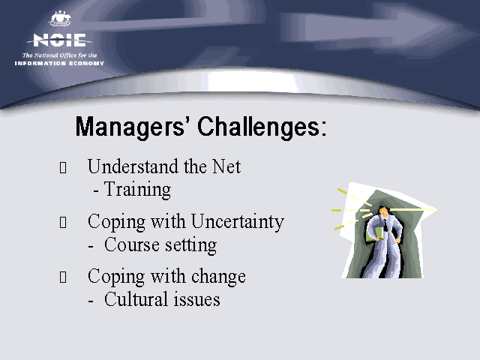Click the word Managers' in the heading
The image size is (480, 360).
[130, 127]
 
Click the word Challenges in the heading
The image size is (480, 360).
[259, 127]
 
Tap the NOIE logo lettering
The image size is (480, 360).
[59, 40]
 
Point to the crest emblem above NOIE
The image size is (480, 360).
[60, 18]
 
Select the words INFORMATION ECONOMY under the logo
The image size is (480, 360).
[59, 63]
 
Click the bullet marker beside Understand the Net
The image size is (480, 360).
[63, 167]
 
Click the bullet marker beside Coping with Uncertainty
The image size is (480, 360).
[63, 223]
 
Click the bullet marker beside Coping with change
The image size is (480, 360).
[63, 277]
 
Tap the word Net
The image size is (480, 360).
[226, 166]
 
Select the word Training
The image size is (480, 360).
[137, 190]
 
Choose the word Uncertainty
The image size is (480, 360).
[238, 222]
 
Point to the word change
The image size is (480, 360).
[218, 277]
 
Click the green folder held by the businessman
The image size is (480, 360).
[375, 235]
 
